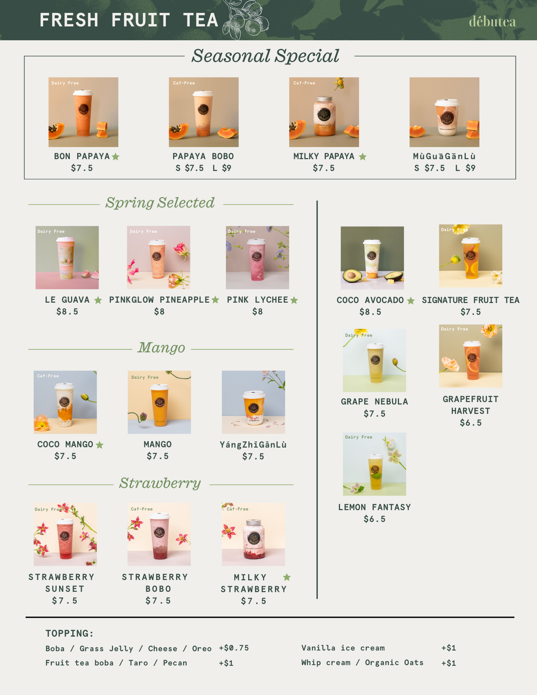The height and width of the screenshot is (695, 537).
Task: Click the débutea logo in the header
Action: (x=492, y=22)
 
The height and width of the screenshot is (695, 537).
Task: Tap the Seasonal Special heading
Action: (x=266, y=56)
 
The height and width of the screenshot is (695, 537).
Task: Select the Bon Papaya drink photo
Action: (x=83, y=112)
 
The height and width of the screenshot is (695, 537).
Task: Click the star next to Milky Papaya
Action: (x=363, y=157)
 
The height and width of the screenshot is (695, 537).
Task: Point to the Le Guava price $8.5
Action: (x=67, y=312)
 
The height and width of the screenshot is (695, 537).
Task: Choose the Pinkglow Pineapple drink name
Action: (x=159, y=300)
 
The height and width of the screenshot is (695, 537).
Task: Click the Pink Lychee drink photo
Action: (x=258, y=257)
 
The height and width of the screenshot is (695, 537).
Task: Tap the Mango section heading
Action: (x=162, y=347)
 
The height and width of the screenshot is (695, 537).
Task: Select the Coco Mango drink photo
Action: (x=65, y=402)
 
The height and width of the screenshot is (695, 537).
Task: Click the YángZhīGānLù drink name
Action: (x=253, y=445)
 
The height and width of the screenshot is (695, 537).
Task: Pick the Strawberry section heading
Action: (x=160, y=483)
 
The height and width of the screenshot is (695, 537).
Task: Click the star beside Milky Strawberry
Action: (x=287, y=577)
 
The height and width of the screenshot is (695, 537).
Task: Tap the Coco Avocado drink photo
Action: (x=372, y=258)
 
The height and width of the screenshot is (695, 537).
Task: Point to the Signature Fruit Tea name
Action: (x=471, y=300)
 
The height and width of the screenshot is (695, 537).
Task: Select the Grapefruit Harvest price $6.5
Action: (x=471, y=423)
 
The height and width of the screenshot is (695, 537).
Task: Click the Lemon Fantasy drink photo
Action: (x=374, y=464)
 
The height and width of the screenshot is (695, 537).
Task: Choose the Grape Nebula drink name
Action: (x=374, y=402)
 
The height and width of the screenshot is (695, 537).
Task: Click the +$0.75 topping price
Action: (x=234, y=648)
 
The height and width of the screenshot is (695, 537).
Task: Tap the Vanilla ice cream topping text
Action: (x=343, y=648)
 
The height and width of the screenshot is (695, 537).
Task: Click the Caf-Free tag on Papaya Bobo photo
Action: (x=184, y=83)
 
